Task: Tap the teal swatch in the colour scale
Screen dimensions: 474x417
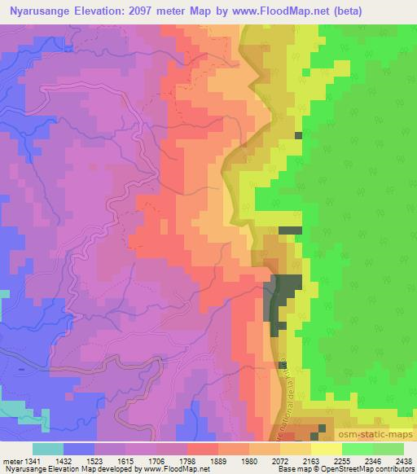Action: [x=47, y=448]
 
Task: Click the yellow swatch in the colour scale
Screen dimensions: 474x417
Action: [x=327, y=448]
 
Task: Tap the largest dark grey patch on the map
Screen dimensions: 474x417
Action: [x=285, y=297]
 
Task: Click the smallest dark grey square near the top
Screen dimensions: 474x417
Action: [x=298, y=135]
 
